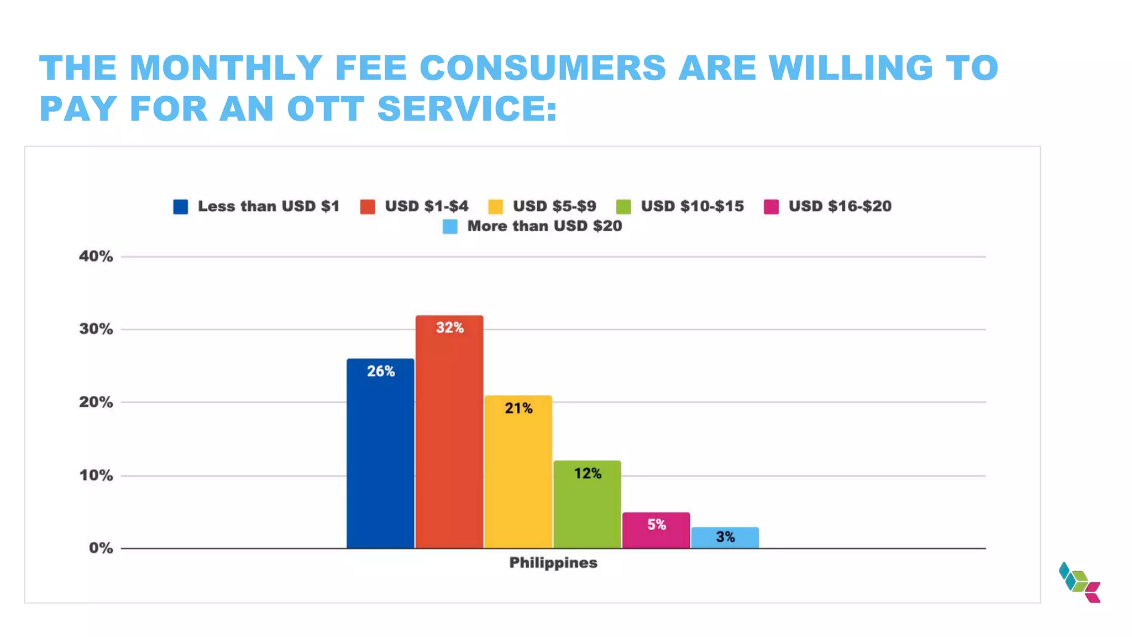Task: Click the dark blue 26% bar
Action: (380, 453)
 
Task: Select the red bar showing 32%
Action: (449, 432)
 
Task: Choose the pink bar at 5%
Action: (656, 530)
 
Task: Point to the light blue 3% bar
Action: (725, 537)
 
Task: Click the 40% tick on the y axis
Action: (96, 257)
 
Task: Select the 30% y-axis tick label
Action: (96, 330)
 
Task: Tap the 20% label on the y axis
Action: (96, 403)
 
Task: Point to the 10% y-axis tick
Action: (96, 476)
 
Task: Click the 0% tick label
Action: (101, 549)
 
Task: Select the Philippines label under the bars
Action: (553, 563)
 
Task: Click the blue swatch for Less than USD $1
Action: (181, 207)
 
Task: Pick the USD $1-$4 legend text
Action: (426, 206)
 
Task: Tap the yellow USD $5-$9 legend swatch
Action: (496, 207)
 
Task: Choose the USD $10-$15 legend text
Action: (692, 206)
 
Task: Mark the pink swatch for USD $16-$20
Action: (771, 207)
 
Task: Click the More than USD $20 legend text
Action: (544, 226)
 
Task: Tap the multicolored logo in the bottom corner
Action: (1079, 582)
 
